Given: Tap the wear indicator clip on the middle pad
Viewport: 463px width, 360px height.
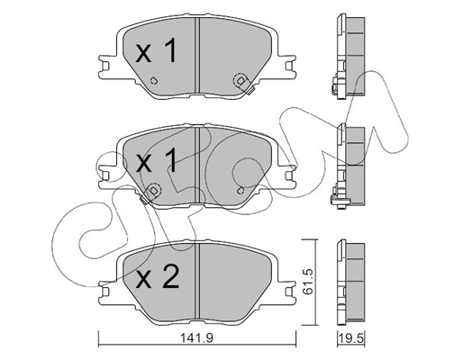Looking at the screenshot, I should click(154, 190).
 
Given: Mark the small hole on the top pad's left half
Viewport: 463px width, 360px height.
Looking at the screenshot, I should click(154, 81).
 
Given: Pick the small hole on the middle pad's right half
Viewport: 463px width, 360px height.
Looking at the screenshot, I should click(241, 189).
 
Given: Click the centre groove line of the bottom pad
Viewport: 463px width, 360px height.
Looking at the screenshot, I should click(197, 278).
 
